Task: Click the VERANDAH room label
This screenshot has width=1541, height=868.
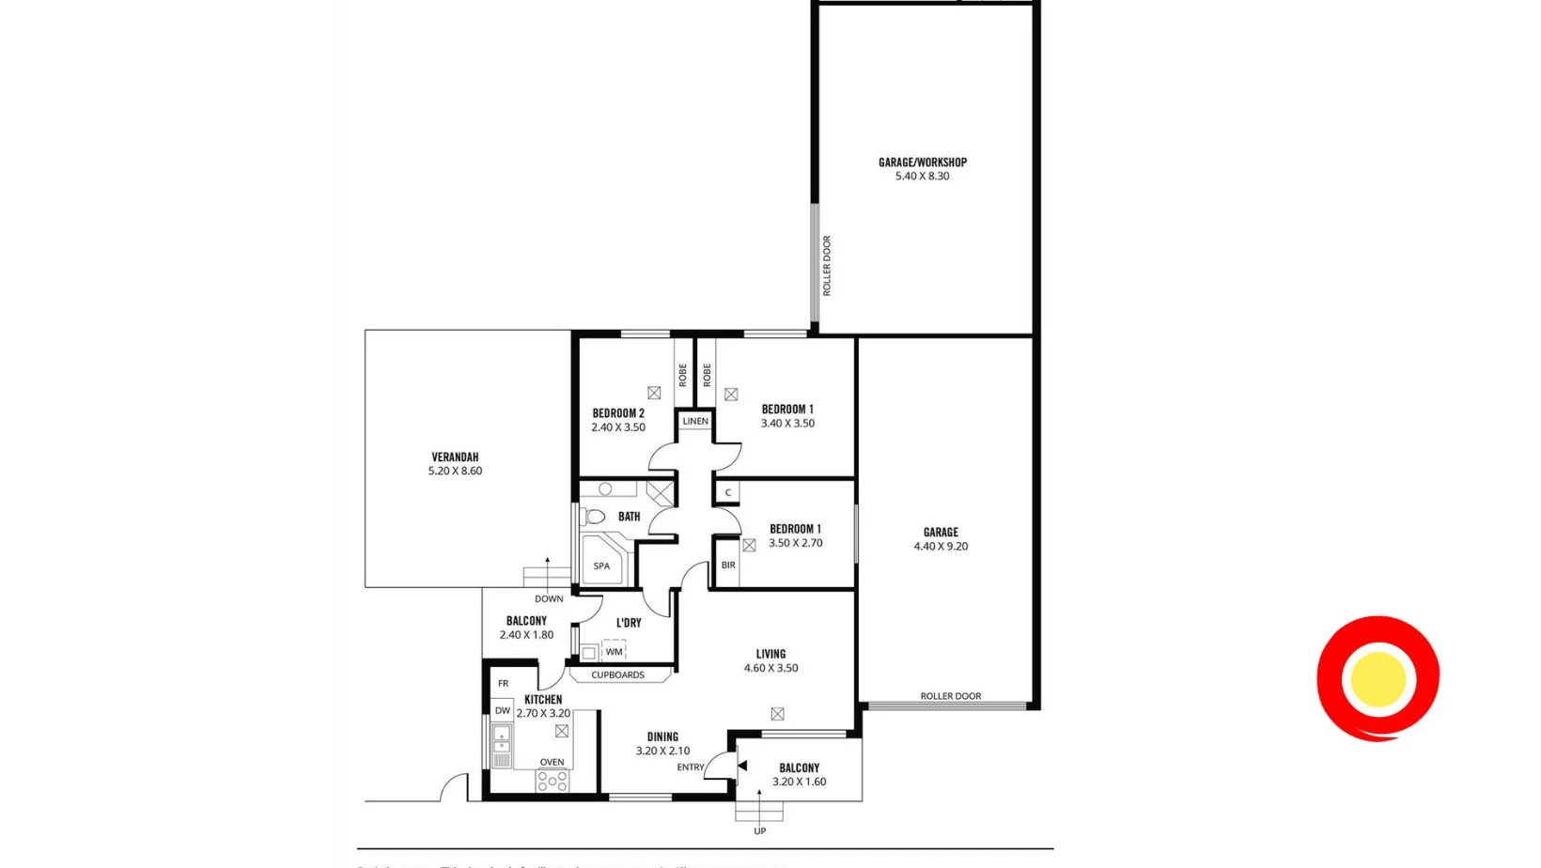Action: pyautogui.click(x=455, y=457)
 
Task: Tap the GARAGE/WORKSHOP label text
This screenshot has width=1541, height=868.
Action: pyautogui.click(x=922, y=163)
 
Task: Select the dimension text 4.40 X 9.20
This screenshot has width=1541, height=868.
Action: pyautogui.click(x=941, y=547)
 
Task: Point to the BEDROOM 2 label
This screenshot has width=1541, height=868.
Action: pyautogui.click(x=618, y=413)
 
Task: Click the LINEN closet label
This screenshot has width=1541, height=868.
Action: pyautogui.click(x=695, y=421)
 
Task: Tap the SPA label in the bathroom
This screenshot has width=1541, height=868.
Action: pyautogui.click(x=601, y=566)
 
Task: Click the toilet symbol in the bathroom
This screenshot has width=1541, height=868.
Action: pyautogui.click(x=594, y=517)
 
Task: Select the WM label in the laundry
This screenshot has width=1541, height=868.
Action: pyautogui.click(x=614, y=652)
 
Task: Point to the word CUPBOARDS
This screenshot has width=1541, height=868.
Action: pyautogui.click(x=617, y=675)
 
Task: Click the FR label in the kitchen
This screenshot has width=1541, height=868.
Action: pyautogui.click(x=504, y=684)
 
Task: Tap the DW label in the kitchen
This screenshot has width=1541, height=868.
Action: pyautogui.click(x=503, y=711)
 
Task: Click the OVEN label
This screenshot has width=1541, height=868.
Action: pyautogui.click(x=552, y=763)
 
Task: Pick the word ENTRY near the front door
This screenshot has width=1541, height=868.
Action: pyautogui.click(x=691, y=767)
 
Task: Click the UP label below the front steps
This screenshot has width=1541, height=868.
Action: pyautogui.click(x=759, y=831)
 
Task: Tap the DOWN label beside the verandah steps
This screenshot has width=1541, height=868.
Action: pyautogui.click(x=549, y=599)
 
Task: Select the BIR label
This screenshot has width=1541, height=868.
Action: pyautogui.click(x=728, y=566)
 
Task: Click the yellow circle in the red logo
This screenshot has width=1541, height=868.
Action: pyautogui.click(x=1378, y=678)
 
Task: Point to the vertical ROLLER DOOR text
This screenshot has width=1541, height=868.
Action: pyautogui.click(x=827, y=266)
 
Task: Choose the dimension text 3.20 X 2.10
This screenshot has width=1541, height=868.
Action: pyautogui.click(x=662, y=752)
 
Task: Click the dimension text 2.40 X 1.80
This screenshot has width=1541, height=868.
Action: pyautogui.click(x=526, y=635)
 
